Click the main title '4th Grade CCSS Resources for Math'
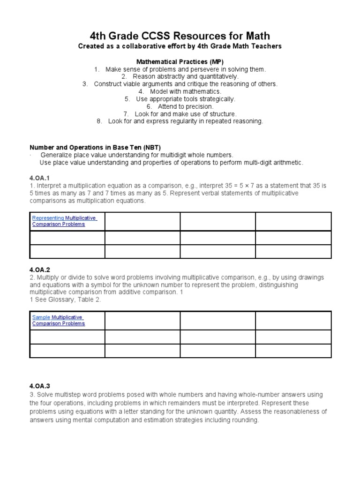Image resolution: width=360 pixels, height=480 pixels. [x=180, y=36]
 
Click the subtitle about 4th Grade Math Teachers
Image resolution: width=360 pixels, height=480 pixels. [x=180, y=46]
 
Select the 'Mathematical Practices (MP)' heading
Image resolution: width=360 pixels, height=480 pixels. [x=180, y=62]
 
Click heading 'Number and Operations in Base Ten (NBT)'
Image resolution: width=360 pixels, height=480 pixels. [x=96, y=147]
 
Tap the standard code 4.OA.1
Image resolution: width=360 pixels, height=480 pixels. [x=40, y=178]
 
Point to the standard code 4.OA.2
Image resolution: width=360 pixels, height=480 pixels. [x=40, y=270]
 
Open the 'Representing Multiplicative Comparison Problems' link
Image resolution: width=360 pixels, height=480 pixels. [x=64, y=221]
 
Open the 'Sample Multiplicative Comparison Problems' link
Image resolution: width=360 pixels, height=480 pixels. [x=59, y=320]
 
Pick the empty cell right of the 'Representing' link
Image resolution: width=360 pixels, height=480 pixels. [x=142, y=221]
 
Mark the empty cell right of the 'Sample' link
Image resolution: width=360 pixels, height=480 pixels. [x=142, y=320]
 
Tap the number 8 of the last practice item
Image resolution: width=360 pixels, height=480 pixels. [x=99, y=121]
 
